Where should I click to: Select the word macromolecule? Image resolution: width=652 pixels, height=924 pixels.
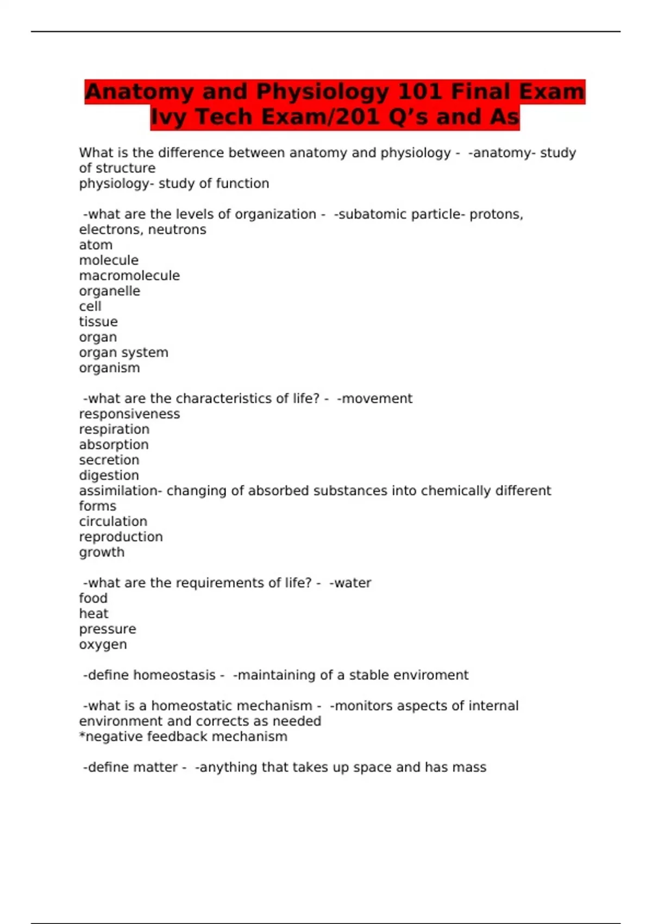129,276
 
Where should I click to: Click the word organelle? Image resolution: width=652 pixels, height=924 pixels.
109,291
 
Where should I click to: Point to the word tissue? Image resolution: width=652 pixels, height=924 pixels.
98,322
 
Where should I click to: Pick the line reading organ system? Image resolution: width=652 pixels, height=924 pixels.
123,353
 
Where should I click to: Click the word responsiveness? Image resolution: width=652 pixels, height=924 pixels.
129,414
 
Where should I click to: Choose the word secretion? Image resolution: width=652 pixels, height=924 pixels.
109,460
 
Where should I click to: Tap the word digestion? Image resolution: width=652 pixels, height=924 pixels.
109,476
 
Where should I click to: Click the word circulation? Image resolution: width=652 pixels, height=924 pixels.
113,522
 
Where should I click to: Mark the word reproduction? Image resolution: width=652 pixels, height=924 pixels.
121,537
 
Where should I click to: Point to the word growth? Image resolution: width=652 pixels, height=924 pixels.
102,552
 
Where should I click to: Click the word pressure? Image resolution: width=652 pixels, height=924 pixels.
108,629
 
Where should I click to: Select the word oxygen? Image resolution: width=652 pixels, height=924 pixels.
103,645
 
